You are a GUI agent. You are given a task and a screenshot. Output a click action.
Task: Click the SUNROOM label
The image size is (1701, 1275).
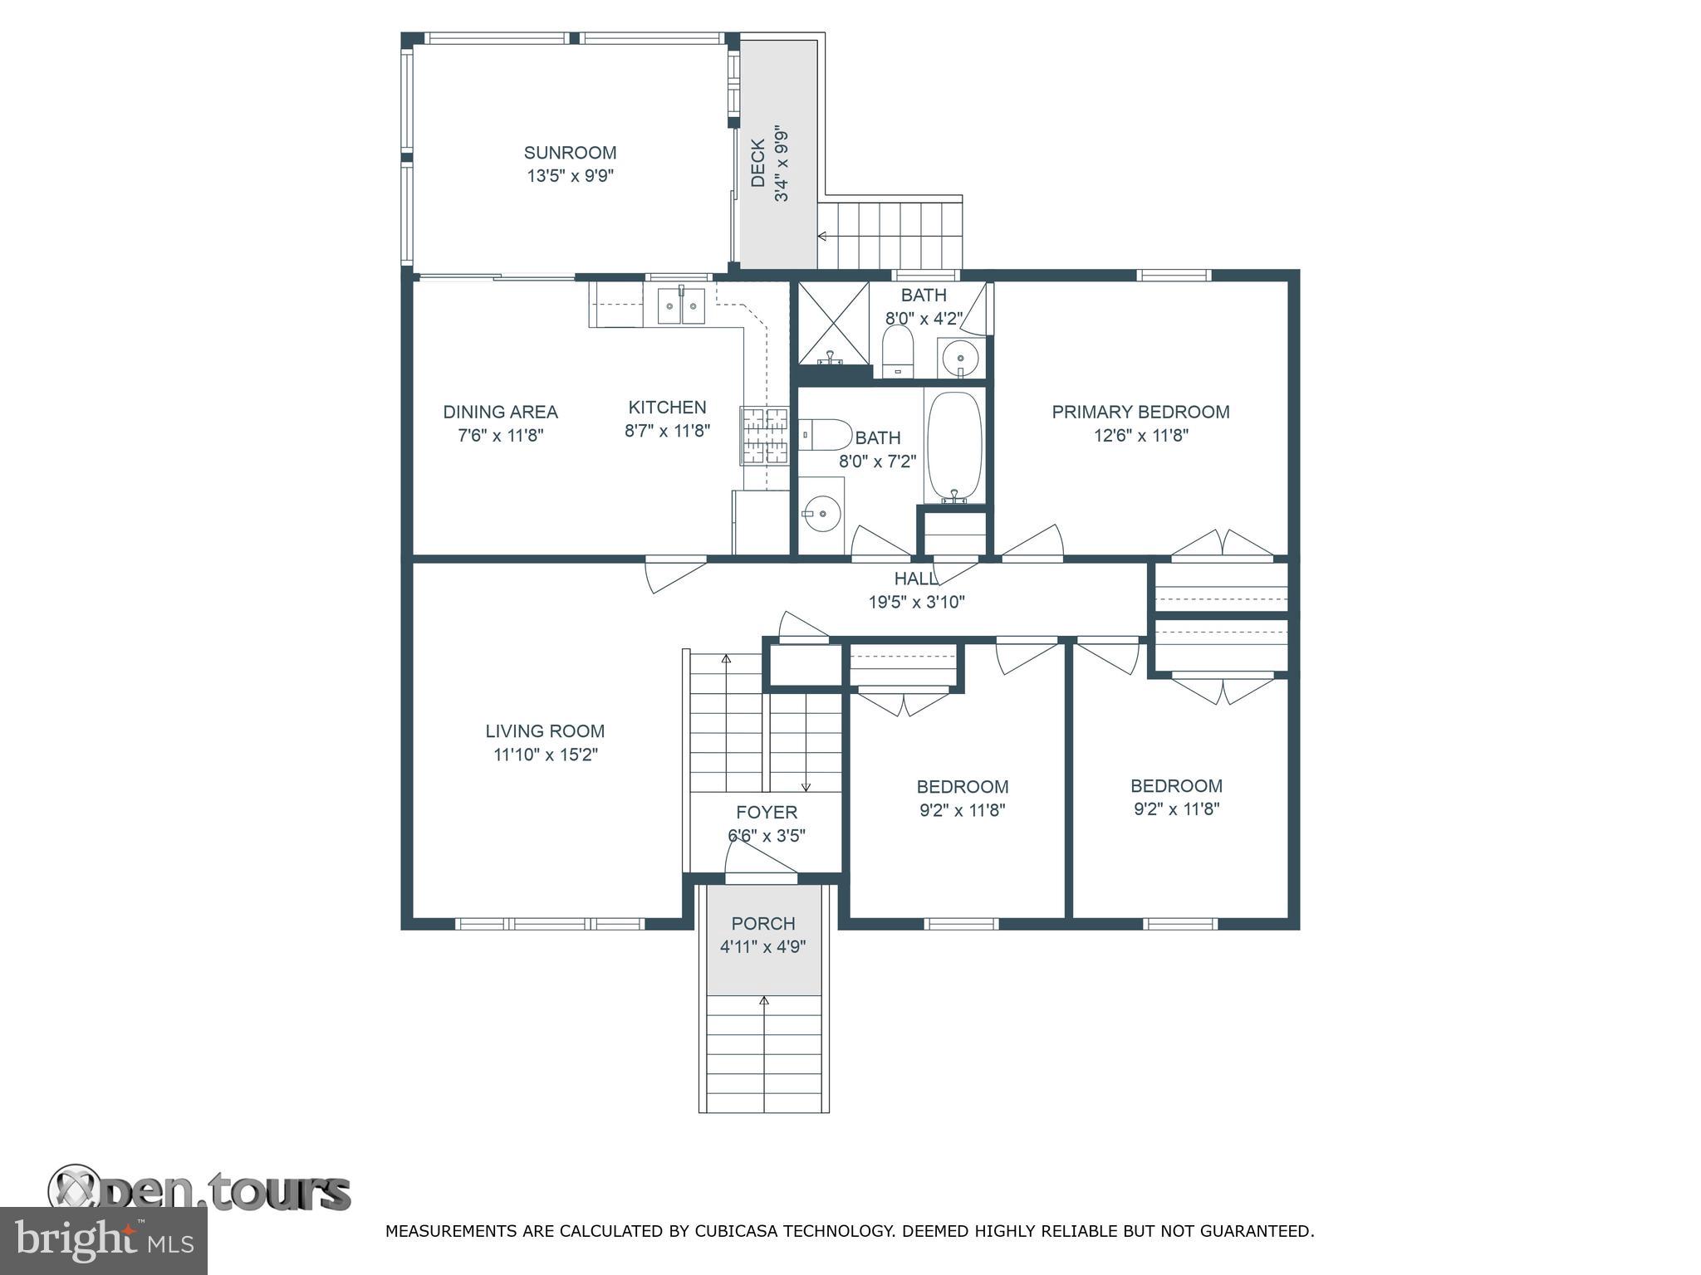[x=570, y=153]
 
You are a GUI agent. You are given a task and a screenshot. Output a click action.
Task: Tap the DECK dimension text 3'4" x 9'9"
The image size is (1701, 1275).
[x=782, y=164]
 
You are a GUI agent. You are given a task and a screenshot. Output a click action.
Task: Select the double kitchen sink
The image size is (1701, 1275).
[x=681, y=305]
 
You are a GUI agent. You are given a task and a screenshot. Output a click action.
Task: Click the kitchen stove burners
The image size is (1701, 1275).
[x=764, y=435]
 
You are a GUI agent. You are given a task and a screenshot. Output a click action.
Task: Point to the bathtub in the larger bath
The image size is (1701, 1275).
[x=954, y=447]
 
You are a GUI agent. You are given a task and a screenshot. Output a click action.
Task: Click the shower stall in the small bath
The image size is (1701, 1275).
[x=834, y=323]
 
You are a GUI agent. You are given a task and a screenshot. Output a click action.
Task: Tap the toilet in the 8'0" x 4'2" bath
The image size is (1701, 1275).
[x=898, y=349]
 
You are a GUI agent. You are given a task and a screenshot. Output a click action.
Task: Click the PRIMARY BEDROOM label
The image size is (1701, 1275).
[x=1140, y=412]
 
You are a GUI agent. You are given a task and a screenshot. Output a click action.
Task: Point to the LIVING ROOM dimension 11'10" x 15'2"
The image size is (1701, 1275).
[x=545, y=755]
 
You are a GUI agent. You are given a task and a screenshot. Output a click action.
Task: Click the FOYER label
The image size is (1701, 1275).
[x=767, y=812]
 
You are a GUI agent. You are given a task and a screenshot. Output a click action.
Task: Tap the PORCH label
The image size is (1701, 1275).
[x=763, y=923]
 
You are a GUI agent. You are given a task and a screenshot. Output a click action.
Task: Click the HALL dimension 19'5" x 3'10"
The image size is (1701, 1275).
[x=917, y=602]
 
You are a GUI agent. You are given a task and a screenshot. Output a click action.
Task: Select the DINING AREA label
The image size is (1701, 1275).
[x=500, y=412]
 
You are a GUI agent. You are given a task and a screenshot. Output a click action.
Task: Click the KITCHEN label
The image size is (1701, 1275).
[x=667, y=407]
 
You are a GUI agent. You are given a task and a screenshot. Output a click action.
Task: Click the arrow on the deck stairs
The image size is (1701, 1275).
[x=823, y=237]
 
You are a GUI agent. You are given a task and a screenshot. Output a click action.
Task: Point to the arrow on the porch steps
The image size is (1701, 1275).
[x=764, y=1002]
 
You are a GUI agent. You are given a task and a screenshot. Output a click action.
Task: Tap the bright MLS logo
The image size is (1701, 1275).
[x=103, y=1240]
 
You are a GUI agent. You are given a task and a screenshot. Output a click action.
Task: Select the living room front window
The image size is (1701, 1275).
[x=550, y=923]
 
